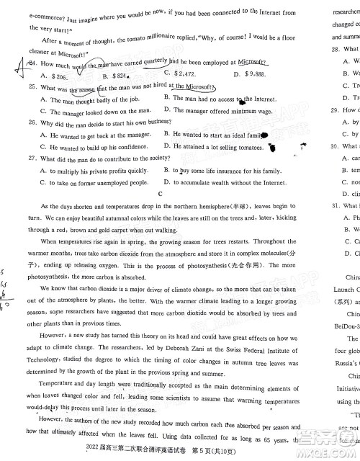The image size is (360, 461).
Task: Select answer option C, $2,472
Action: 179,74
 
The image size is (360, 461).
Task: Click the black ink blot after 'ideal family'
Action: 265,135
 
